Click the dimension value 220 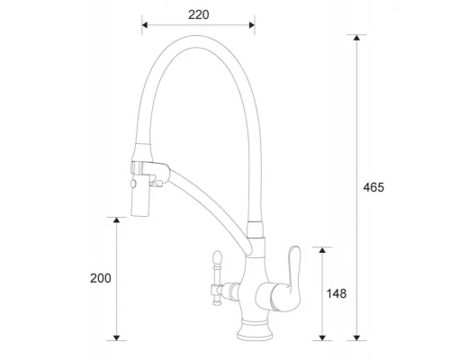[x=199, y=14]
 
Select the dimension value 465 [x=374, y=187]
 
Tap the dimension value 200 [x=101, y=278]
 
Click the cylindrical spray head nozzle [x=140, y=199]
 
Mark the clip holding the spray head [x=145, y=167]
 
